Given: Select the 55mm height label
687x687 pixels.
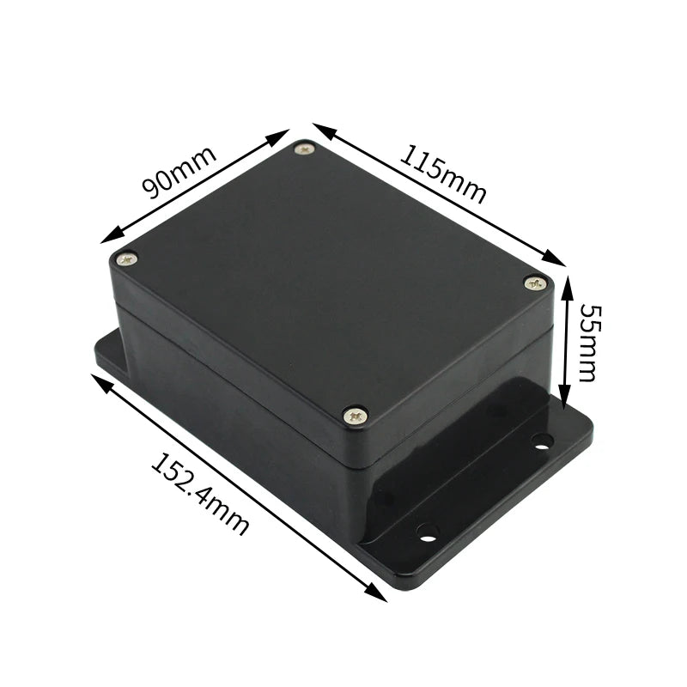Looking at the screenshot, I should (x=587, y=341).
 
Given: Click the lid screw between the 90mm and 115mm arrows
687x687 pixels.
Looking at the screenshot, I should (x=305, y=150).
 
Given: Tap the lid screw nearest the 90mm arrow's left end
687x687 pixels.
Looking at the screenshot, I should (x=127, y=258).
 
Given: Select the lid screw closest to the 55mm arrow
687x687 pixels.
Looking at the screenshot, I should (x=535, y=282).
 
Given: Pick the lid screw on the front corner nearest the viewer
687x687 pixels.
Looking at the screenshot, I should (x=356, y=416).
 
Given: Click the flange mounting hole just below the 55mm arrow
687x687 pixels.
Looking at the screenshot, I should (x=541, y=441).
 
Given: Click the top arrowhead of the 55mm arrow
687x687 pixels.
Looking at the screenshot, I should (x=566, y=283).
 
